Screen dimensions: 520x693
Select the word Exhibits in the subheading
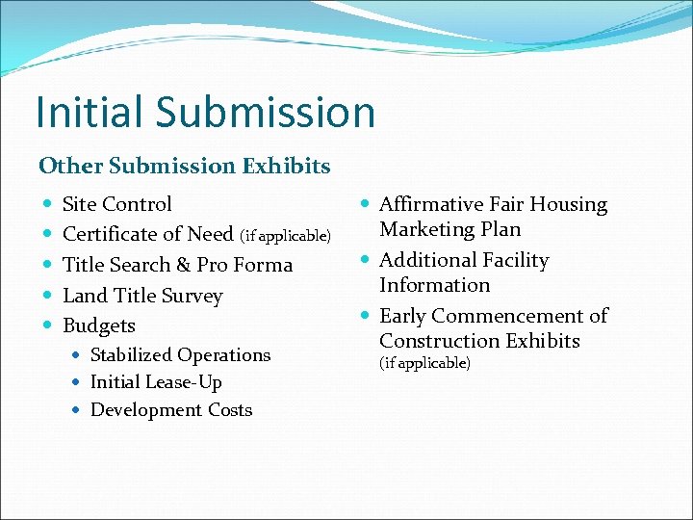point(286,166)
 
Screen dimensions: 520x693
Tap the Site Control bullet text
point(116,204)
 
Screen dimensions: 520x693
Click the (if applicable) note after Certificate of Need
point(285,235)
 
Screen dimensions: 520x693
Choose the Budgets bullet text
point(98,325)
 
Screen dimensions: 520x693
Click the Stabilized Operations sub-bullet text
point(180,355)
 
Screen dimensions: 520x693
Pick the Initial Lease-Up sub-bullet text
point(155,382)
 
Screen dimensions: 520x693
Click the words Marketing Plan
point(449,229)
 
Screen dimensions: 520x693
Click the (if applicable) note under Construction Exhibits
point(424,364)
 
